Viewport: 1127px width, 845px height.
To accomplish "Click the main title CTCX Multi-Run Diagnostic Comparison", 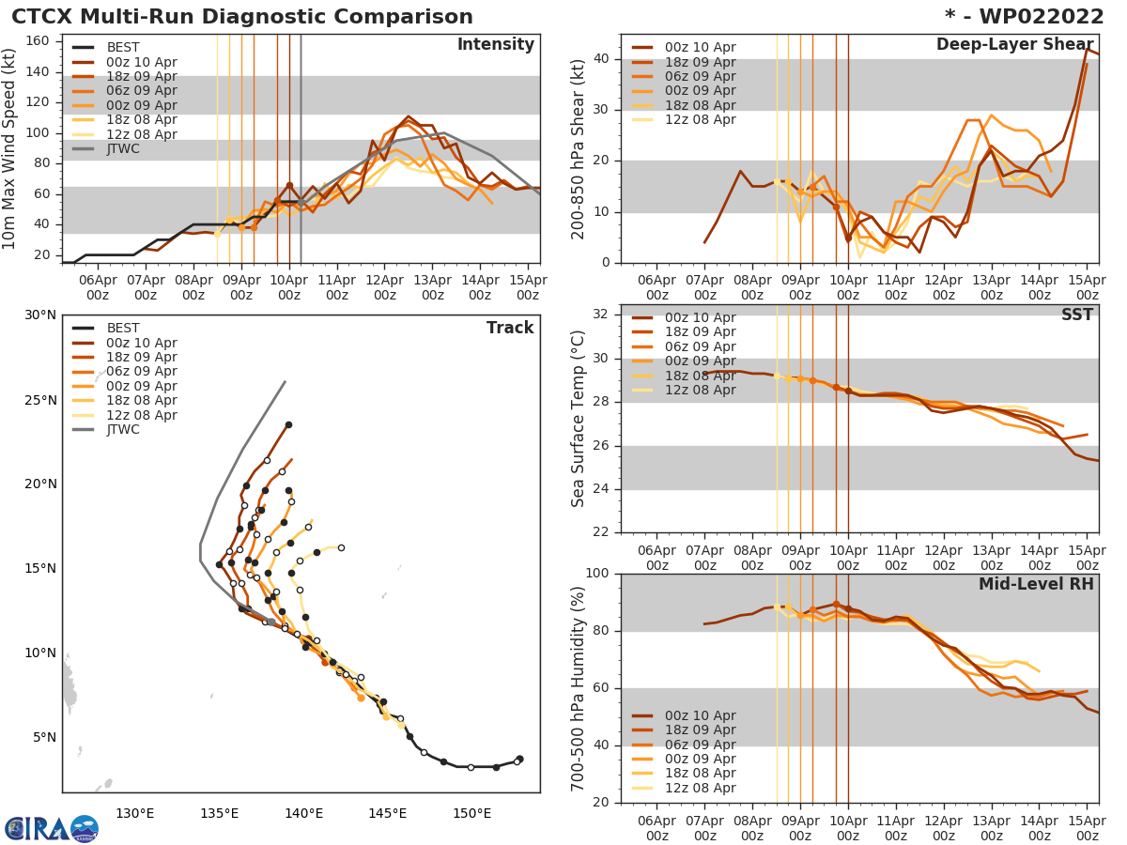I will point(242,17).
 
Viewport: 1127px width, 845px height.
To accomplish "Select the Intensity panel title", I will point(495,45).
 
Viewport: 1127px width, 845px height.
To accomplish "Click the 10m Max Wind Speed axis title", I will point(11,148).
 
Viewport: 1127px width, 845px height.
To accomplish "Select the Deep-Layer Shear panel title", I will point(1014,45).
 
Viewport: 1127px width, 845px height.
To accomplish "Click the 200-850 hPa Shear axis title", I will point(579,148).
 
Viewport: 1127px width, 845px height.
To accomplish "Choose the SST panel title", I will point(1077,315).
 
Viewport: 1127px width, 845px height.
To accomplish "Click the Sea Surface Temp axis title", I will point(579,418).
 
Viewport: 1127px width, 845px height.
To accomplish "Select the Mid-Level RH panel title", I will point(1036,584).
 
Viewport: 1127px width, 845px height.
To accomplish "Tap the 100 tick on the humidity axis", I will point(599,574).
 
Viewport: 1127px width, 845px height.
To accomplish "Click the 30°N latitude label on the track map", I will point(39,315).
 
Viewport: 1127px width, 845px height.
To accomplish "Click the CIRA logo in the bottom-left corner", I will point(51,828).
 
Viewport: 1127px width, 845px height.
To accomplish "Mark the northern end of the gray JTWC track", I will point(286,381).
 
